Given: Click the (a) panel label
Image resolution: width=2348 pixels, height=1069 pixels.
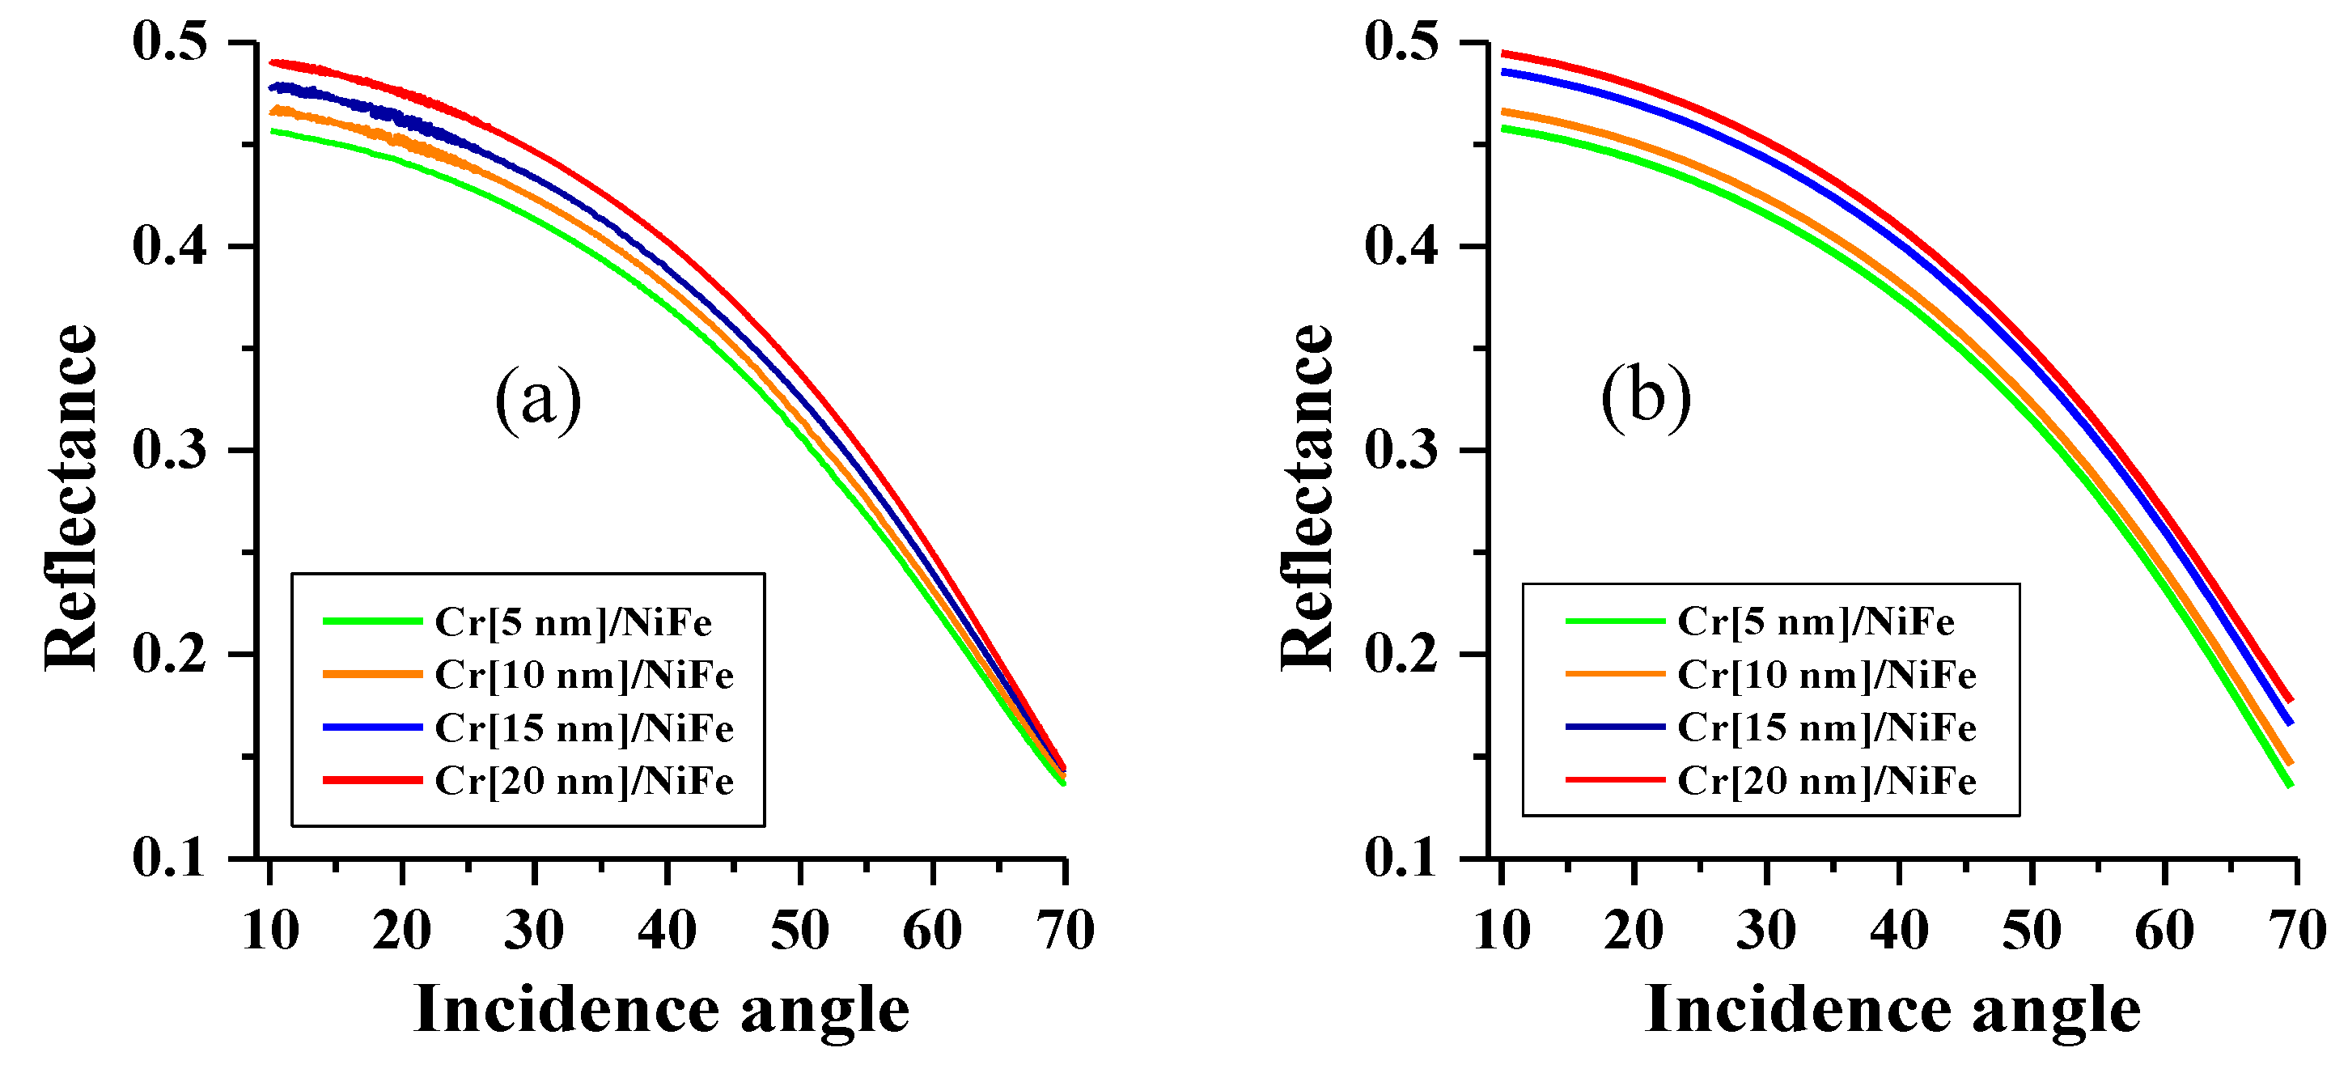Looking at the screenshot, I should coord(538,399).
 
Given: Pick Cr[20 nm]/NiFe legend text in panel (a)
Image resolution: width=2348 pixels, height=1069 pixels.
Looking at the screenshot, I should coord(584,781).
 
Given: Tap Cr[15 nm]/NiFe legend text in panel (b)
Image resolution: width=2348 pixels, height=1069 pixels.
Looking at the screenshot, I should coord(1827,728).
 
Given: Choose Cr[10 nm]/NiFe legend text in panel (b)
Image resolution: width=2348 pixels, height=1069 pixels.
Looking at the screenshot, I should coord(1827,674).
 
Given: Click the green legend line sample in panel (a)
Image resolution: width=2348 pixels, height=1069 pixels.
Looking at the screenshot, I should coord(372,621).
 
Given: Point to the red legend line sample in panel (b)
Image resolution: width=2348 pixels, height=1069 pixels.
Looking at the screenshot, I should coord(1615,780).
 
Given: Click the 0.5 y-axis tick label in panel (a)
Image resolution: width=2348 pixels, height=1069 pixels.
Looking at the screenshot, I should coord(171,42).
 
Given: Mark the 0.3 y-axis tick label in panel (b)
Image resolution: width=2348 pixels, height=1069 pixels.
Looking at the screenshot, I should coord(1402,450).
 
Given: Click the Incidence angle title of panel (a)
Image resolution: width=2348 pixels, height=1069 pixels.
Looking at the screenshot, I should coord(662,1010).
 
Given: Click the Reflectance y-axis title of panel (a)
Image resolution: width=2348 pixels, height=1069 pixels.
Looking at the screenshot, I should coord(71,498).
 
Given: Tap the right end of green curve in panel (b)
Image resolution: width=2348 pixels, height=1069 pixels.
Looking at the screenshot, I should coord(2291,785).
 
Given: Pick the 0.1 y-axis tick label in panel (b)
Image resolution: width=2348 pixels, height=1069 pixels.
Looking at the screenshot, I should coord(1402,858).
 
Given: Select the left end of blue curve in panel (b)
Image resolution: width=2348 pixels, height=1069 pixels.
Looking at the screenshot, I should coord(1504,71).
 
